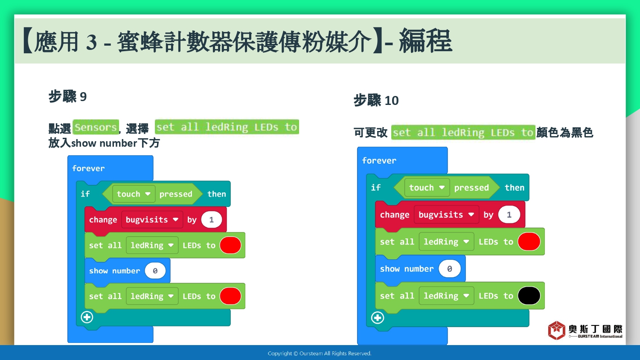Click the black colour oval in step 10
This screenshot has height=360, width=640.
coord(529,296)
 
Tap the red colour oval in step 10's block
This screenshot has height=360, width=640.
coord(529,242)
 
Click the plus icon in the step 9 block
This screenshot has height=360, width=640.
coord(87,317)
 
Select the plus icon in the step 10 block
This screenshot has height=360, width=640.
coord(378,318)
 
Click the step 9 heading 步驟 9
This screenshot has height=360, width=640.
coord(67,96)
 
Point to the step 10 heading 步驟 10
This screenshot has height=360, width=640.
coord(376,100)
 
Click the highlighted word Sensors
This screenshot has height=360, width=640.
coord(96,127)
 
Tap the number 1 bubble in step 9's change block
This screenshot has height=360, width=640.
coord(212,220)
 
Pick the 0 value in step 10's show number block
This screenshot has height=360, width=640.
coord(449,269)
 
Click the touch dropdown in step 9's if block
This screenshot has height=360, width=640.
coord(134,194)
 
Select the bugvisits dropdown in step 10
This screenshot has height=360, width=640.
coord(446,215)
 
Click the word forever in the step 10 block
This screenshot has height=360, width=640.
coord(379,160)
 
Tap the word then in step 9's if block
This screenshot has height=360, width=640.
coord(217,194)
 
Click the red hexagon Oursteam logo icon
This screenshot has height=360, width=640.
coord(556,330)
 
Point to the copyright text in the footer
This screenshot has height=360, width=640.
coord(320,354)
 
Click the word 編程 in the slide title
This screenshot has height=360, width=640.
coord(425,41)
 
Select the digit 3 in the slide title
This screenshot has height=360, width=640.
coord(91,42)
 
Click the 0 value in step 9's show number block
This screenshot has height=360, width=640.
coord(155,271)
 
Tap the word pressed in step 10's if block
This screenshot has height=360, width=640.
coord(471,188)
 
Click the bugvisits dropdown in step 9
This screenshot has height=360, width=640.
coord(152,220)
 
